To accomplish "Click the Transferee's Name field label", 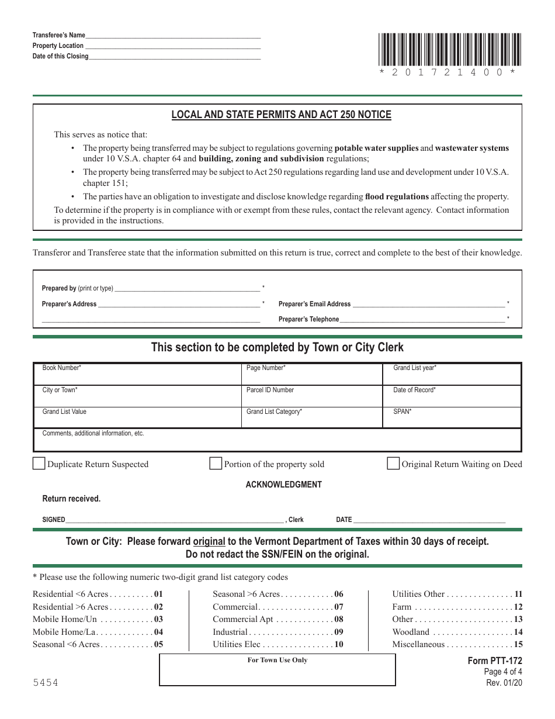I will pyautogui.click(x=59, y=35).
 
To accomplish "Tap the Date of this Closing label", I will pyautogui.click(x=61, y=57).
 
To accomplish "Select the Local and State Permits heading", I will pyautogui.click(x=281, y=115).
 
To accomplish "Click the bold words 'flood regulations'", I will pyautogui.click(x=397, y=196).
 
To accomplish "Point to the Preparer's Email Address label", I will pyautogui.click(x=314, y=304).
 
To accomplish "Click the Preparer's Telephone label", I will pyautogui.click(x=308, y=319).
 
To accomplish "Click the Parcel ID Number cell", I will pyautogui.click(x=314, y=396).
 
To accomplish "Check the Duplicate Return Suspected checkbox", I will pyautogui.click(x=39, y=464).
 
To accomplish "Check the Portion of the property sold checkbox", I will pyautogui.click(x=216, y=464).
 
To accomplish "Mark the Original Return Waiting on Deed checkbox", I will pyautogui.click(x=393, y=464).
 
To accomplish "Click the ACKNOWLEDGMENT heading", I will pyautogui.click(x=283, y=485).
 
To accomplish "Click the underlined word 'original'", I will pyautogui.click(x=209, y=541).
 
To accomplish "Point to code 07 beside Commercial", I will pyautogui.click(x=339, y=607).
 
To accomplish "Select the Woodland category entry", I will pyautogui.click(x=411, y=632).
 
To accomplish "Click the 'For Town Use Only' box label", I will pyautogui.click(x=277, y=660).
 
